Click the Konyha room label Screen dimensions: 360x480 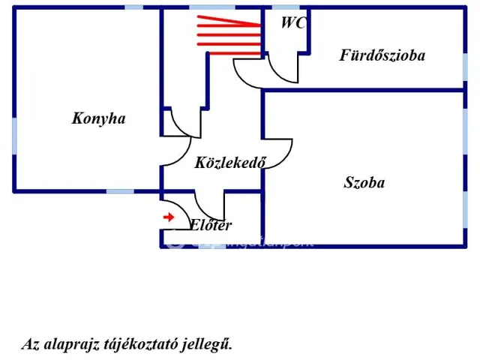98,118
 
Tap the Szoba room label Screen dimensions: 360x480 364,182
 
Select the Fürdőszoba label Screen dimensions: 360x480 382,55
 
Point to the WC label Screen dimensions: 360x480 292,22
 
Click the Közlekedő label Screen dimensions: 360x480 230,163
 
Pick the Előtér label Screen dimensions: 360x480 210,225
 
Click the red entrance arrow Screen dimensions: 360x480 169,217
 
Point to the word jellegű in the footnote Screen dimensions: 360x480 211,344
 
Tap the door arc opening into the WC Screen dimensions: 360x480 283,72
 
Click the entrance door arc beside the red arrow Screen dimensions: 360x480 177,211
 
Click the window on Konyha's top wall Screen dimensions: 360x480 133,7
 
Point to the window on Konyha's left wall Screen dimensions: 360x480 13,133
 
